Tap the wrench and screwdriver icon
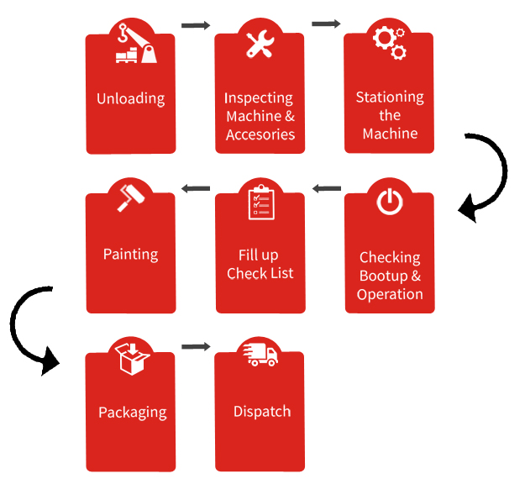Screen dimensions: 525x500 tap(260, 44)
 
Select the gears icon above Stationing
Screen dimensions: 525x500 tap(390, 43)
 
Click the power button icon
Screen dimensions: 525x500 tap(390, 202)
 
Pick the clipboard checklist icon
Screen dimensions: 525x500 tap(261, 203)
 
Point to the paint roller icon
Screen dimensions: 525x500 tap(131, 198)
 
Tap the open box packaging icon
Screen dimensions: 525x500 tap(132, 358)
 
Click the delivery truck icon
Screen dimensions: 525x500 tap(260, 355)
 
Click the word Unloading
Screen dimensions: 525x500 tap(130, 99)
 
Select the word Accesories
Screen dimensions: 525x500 tap(260, 134)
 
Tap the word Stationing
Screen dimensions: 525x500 tap(390, 97)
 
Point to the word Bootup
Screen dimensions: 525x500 tap(383, 276)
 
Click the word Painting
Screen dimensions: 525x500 tap(130, 255)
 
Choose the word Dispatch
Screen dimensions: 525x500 tap(262, 412)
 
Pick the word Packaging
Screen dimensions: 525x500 tap(133, 413)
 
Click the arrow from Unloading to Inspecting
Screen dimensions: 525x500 tap(196, 25)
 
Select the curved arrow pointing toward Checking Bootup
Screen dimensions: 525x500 tap(504, 167)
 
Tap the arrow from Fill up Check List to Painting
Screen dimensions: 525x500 tap(196, 188)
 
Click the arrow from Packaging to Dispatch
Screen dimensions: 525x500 tap(196, 346)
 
